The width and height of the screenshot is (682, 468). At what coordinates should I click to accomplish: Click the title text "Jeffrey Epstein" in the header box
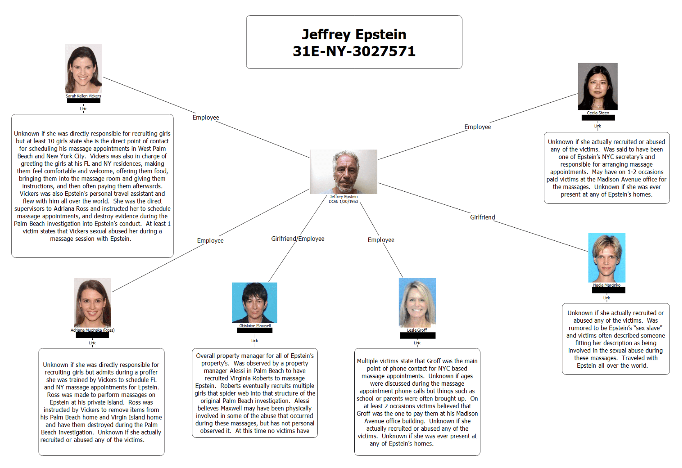[354, 34]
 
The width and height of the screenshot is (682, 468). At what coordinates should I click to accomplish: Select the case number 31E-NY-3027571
[354, 51]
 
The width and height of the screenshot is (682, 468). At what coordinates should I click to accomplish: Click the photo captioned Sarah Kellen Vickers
[83, 68]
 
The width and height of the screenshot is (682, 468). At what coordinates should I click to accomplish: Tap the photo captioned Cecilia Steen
[598, 86]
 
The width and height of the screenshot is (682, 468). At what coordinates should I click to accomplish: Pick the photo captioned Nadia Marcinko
[607, 258]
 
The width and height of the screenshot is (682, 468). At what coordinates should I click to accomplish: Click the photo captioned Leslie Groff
[417, 303]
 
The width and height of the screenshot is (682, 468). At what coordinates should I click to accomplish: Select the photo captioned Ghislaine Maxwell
[255, 303]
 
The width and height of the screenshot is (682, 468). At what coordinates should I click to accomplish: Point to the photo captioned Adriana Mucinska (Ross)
[92, 303]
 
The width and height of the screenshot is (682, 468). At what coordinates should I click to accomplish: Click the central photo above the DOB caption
[344, 172]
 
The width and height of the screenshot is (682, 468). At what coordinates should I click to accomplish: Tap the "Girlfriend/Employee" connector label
[298, 239]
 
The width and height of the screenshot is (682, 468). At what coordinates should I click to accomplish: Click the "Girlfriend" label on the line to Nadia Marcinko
[482, 217]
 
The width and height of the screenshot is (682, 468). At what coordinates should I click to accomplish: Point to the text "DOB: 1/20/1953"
[344, 201]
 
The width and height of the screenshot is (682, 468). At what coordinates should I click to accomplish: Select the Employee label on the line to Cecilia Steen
[477, 127]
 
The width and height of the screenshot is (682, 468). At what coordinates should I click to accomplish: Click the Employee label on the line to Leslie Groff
[381, 240]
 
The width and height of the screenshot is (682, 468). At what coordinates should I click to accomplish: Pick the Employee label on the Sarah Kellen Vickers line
[206, 118]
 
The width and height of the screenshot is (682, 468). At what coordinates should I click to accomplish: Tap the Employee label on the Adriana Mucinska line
[210, 241]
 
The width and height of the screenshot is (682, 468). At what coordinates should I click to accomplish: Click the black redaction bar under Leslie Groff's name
[417, 336]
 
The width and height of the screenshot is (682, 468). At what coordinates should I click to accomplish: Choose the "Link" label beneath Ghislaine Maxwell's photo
[255, 341]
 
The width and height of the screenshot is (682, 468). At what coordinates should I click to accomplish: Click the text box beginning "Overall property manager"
[255, 393]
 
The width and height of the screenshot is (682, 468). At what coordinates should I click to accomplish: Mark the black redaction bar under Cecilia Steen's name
[598, 118]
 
